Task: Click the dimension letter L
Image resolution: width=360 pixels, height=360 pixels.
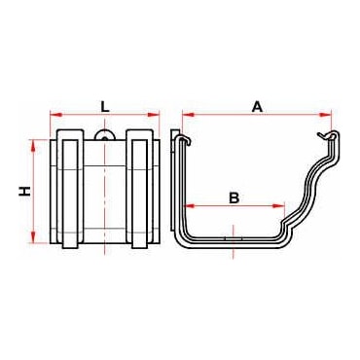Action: point(104,107)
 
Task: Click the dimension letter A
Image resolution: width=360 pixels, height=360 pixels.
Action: point(258,107)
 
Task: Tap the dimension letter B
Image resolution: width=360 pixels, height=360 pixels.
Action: point(234,198)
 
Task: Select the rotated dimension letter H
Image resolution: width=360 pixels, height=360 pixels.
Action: point(24,192)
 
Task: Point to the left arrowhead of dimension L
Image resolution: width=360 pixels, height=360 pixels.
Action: point(55,114)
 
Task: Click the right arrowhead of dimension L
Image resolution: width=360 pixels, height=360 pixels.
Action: point(154,114)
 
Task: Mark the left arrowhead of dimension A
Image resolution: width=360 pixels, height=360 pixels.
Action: point(188,114)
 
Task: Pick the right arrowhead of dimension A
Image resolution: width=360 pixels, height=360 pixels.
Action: point(325,114)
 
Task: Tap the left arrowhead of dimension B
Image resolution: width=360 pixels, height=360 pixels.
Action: point(190,205)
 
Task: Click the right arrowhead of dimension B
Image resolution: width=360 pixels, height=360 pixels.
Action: point(279,205)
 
